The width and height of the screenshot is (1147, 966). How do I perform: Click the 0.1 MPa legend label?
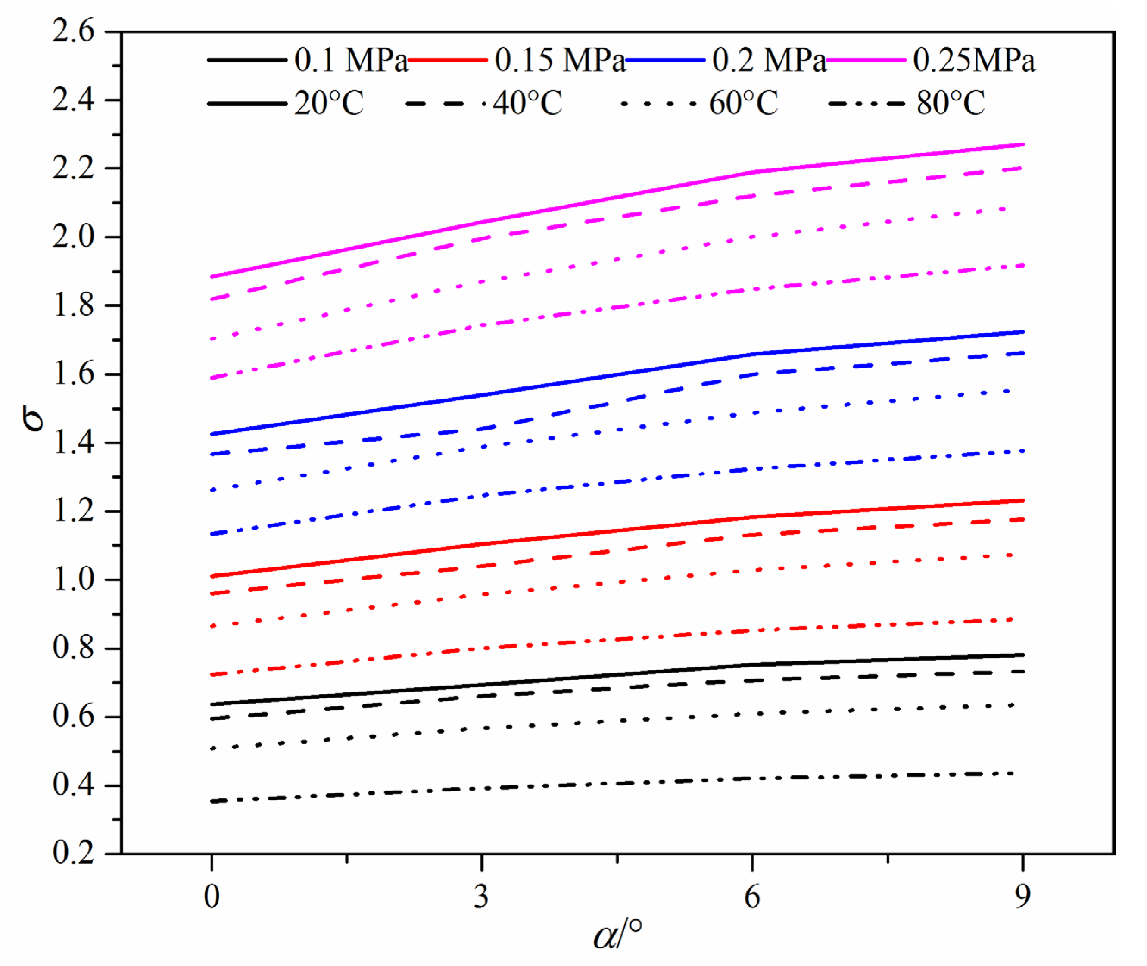352,60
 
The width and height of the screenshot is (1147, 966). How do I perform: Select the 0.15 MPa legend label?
560,60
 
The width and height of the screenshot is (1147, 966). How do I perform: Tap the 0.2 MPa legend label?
769,60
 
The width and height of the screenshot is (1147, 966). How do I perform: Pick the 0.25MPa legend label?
974,60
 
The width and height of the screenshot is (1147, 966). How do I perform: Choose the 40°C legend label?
527,103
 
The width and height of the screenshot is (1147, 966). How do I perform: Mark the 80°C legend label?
951,103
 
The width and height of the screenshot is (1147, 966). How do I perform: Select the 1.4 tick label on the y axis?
73,442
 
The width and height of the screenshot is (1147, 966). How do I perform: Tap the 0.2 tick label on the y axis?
73,853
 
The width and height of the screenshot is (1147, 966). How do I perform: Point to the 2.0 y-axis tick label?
73,237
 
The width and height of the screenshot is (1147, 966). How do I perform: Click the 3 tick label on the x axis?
481,897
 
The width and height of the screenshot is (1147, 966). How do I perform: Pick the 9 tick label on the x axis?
1022,897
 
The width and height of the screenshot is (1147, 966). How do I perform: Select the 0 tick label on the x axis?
212,897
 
